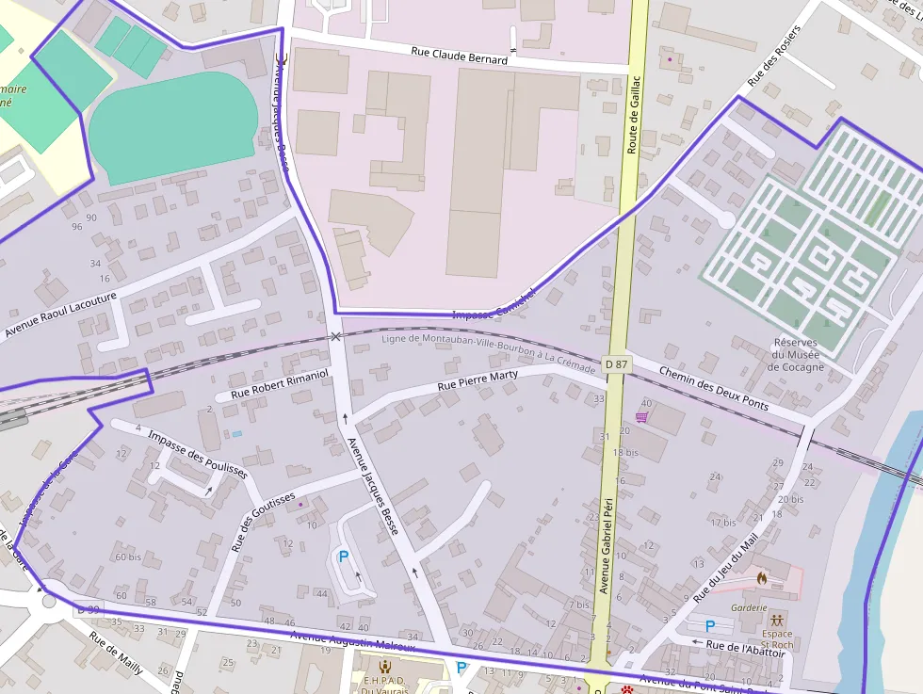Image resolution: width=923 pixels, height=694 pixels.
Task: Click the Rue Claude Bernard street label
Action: point(459,55)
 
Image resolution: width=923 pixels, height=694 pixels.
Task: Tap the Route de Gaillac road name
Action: point(634,115)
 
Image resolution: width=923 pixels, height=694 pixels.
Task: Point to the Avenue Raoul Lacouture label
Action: point(60,315)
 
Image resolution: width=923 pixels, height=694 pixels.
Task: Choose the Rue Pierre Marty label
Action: point(478,381)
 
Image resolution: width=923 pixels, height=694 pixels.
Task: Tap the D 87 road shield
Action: point(616,364)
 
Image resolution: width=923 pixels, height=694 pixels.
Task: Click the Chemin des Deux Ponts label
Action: point(713,387)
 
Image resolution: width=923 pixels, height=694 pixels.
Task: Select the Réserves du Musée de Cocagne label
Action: point(795,355)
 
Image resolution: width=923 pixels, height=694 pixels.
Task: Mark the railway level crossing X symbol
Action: point(335,336)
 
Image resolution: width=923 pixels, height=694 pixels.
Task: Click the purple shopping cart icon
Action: point(641,417)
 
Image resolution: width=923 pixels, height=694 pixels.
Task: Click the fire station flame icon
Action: point(761,576)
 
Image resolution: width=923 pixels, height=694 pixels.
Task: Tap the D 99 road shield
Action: point(88,609)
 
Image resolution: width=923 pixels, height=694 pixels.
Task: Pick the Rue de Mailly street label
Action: point(116,653)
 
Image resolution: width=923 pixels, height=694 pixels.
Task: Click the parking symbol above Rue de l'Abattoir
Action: point(709,625)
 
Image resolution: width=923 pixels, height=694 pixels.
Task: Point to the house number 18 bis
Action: point(625,453)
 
